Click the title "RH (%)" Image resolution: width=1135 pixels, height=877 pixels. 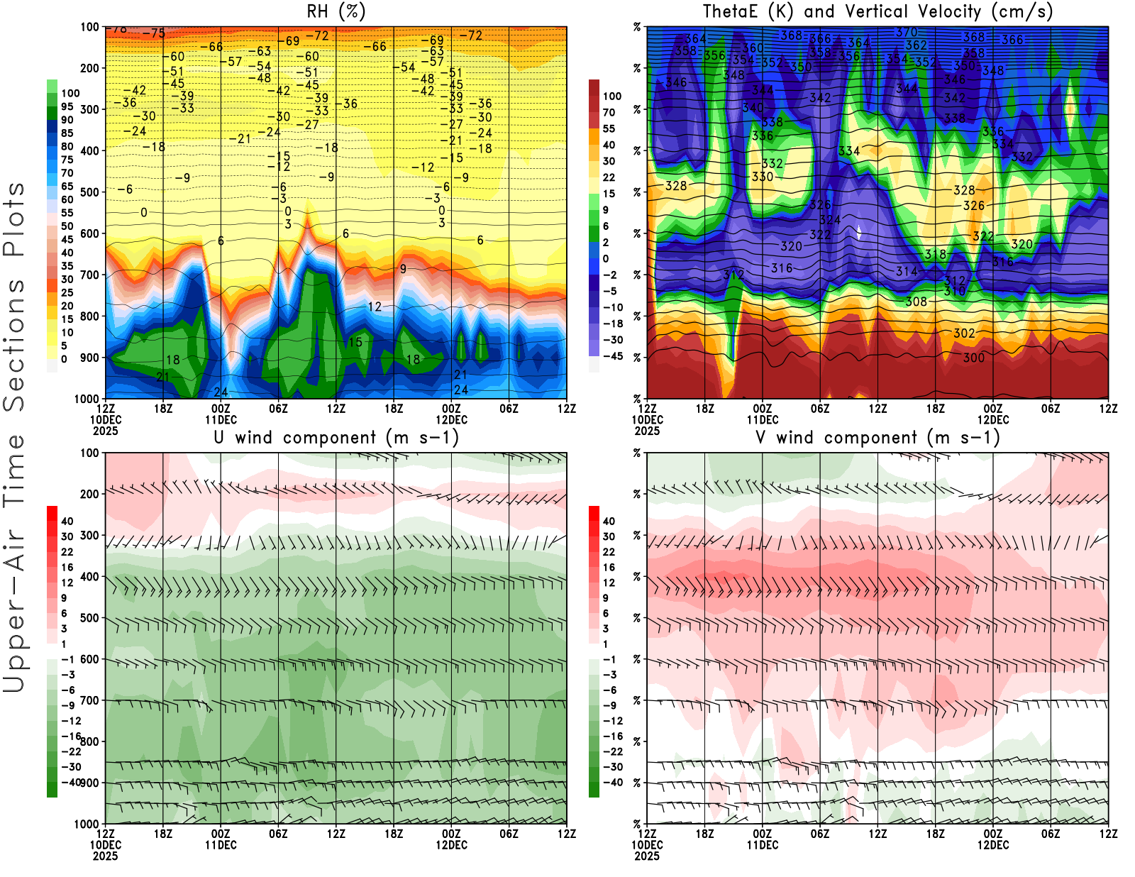point(336,11)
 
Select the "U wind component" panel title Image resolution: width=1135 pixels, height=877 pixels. point(336,437)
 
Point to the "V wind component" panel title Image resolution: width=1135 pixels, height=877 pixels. point(877,437)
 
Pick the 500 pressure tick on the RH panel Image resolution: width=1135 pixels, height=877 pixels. point(90,192)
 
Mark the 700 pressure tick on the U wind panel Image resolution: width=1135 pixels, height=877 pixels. point(90,700)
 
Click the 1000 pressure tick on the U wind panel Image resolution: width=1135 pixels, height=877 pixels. point(87,824)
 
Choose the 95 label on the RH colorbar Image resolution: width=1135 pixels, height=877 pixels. point(67,106)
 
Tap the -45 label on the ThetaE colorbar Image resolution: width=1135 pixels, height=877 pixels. point(613,356)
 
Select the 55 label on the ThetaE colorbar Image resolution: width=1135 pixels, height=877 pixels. point(609,128)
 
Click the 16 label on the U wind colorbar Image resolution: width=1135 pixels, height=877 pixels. point(67,567)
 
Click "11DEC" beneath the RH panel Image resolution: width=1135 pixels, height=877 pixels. point(221,419)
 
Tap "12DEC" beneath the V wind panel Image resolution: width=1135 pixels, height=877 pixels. point(993,845)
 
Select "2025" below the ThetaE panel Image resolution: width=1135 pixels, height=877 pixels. point(647,431)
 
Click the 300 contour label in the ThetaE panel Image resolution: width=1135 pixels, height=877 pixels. point(973,358)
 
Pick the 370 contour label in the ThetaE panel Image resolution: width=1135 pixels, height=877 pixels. point(907,32)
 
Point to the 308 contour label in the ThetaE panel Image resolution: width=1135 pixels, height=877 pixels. point(916,302)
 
